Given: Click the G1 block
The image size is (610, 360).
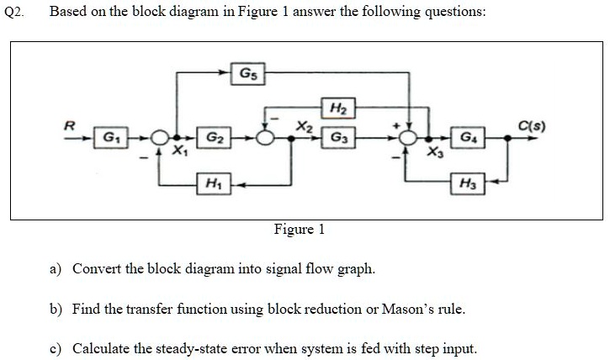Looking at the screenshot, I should (x=109, y=136).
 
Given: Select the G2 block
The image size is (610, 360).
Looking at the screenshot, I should (x=214, y=136).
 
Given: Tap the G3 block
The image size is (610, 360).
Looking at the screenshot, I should (x=337, y=136).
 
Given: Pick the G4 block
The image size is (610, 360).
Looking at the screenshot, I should (x=466, y=136).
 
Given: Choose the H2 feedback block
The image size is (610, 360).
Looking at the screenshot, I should (x=337, y=108).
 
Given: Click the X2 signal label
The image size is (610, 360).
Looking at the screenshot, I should (x=304, y=125).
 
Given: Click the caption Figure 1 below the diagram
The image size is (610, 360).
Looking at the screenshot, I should (x=299, y=230).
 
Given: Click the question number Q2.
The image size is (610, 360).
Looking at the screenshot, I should (x=14, y=13).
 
